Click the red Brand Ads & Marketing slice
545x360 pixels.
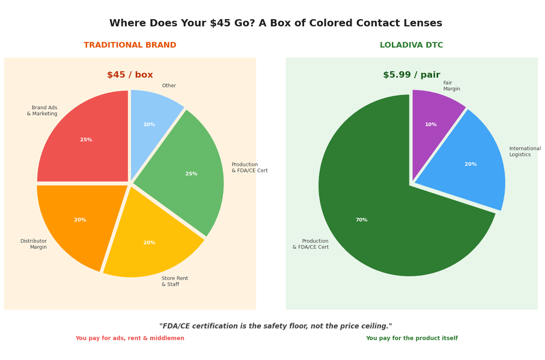[x=87, y=139]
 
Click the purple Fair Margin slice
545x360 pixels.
[x=433, y=122]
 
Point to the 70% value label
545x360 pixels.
[x=361, y=220]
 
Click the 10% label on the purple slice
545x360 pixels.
[x=431, y=124]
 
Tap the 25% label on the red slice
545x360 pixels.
[x=86, y=140]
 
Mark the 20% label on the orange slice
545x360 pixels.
[x=80, y=220]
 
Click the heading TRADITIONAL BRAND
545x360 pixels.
[x=130, y=45]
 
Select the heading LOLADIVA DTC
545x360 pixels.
[x=411, y=45]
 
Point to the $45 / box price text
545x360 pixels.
[x=130, y=75]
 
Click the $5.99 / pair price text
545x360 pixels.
[x=411, y=75]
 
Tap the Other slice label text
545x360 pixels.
[x=169, y=86]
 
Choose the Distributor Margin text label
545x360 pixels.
[x=33, y=244]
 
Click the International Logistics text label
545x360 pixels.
[x=525, y=151]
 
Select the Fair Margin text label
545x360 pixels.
[x=451, y=86]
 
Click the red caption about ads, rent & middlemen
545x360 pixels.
[x=130, y=338]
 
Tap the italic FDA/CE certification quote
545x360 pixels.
[x=276, y=326]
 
